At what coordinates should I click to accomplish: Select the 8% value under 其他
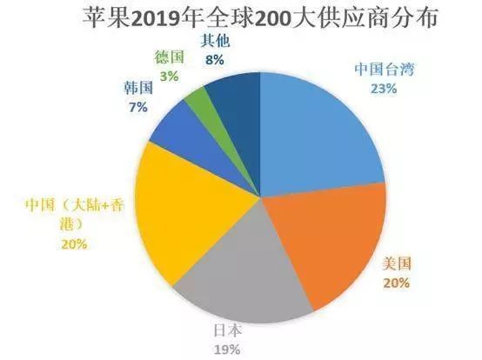click(214, 60)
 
